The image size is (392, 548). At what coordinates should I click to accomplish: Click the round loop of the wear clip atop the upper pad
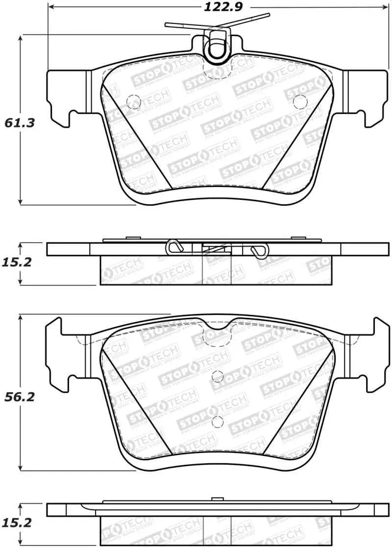(216, 48)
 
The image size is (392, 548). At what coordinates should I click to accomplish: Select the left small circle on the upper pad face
(133, 101)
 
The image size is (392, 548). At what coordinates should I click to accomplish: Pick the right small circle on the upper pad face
(298, 101)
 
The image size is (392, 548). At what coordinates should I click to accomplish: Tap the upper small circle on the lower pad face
(218, 376)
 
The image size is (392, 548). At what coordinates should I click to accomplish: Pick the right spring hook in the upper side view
(258, 250)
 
